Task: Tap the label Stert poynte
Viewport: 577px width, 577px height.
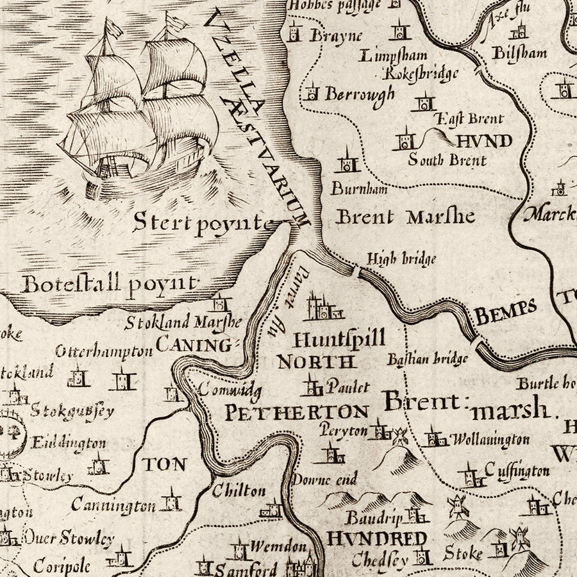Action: (x=202, y=222)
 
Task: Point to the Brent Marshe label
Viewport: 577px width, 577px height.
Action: (x=405, y=217)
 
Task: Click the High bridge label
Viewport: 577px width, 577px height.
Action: (x=401, y=259)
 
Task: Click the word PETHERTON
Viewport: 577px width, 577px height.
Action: (x=296, y=412)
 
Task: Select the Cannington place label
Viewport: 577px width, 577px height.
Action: (x=113, y=506)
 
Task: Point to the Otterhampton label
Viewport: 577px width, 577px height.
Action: (x=104, y=351)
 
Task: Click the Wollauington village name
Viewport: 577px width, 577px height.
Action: (x=490, y=440)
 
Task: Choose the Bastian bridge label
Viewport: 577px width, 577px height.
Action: (x=427, y=359)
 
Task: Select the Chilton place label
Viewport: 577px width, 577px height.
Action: (x=238, y=490)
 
